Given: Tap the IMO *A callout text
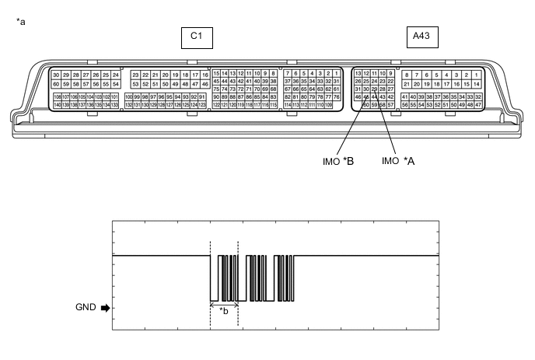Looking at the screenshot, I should pos(397,161).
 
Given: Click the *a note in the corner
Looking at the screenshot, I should pos(20,21).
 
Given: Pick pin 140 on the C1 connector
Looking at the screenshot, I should pos(57,105).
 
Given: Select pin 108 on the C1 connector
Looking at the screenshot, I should pos(57,96).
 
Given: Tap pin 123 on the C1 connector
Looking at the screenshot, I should pos(202,105).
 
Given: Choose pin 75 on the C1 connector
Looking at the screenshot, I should pos(216,89).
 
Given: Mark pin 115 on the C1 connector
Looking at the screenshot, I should pos(274,105).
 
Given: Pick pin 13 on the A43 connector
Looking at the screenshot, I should pos(358,73).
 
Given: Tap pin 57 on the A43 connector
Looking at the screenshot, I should pos(390,105).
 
